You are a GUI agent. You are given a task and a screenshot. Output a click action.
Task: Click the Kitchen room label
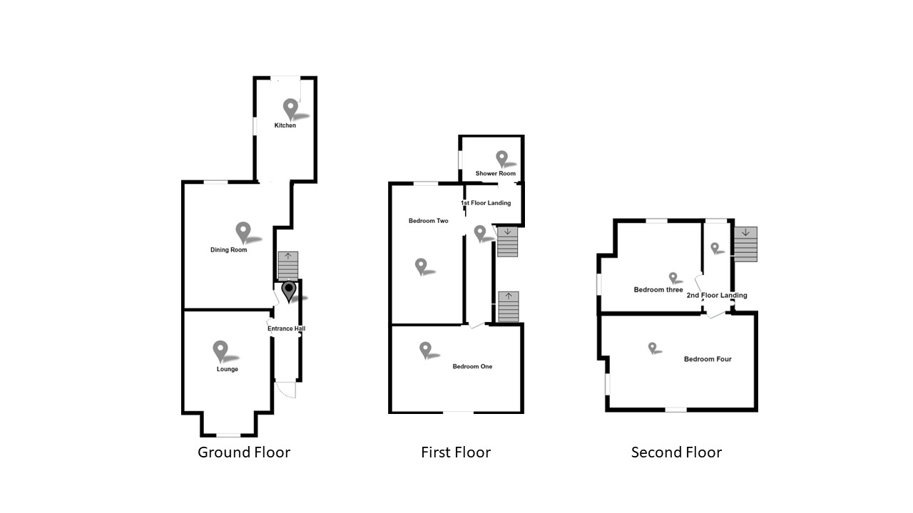[285, 126]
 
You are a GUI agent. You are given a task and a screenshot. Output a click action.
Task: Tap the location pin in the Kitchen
[290, 108]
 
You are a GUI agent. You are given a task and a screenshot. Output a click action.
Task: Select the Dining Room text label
[228, 250]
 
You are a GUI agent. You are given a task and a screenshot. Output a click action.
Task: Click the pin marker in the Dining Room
[243, 232]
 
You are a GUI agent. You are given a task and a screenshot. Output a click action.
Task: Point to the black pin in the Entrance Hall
[289, 291]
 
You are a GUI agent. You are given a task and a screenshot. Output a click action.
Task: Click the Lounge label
[228, 369]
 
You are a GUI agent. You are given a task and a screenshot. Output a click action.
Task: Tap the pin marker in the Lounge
[220, 350]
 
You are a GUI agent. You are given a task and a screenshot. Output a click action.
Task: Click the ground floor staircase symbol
[287, 266]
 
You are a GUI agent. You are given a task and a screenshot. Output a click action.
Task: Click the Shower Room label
[496, 173]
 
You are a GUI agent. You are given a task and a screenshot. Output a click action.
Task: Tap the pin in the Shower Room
[501, 157]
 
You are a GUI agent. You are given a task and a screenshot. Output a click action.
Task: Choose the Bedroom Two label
[428, 221]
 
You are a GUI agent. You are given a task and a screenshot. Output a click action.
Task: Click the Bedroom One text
[472, 367]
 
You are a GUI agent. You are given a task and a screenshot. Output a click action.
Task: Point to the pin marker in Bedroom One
[426, 349]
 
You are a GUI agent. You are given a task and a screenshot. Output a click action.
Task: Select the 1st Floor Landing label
[486, 203]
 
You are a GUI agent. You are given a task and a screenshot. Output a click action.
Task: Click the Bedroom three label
[658, 290]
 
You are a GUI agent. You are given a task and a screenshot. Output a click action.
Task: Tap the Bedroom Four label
[708, 359]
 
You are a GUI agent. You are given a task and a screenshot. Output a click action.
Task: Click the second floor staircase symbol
[745, 244]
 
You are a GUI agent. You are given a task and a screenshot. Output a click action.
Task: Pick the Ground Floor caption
[244, 452]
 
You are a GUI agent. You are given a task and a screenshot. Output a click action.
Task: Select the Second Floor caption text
[676, 452]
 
